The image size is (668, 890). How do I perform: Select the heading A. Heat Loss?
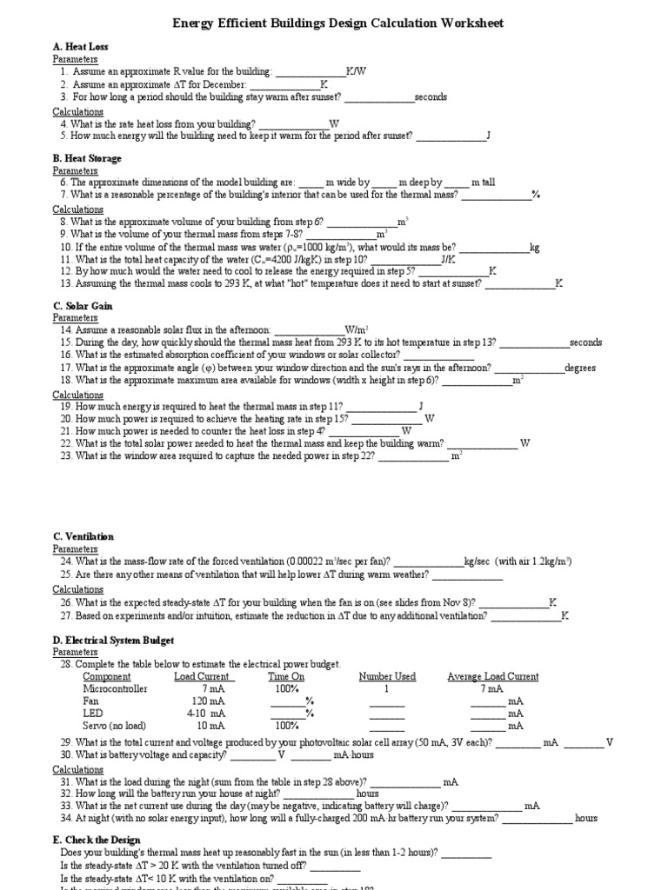pyautogui.click(x=80, y=46)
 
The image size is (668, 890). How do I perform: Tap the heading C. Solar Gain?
pyautogui.click(x=83, y=306)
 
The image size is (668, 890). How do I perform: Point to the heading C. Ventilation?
pyautogui.click(x=83, y=537)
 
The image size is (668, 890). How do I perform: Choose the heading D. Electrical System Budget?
pyautogui.click(x=113, y=641)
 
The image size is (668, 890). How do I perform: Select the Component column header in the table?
pyautogui.click(x=106, y=676)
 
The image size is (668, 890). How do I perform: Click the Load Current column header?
pyautogui.click(x=203, y=676)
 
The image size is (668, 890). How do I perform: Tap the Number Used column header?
pyautogui.click(x=387, y=676)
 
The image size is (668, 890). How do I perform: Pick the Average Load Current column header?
pyautogui.click(x=492, y=676)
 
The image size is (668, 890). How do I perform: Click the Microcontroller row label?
pyautogui.click(x=115, y=688)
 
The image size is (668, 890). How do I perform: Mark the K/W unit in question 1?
pyautogui.click(x=356, y=72)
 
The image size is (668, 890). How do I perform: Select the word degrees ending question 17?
pyautogui.click(x=580, y=368)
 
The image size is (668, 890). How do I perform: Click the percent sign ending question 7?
pyautogui.click(x=536, y=196)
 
